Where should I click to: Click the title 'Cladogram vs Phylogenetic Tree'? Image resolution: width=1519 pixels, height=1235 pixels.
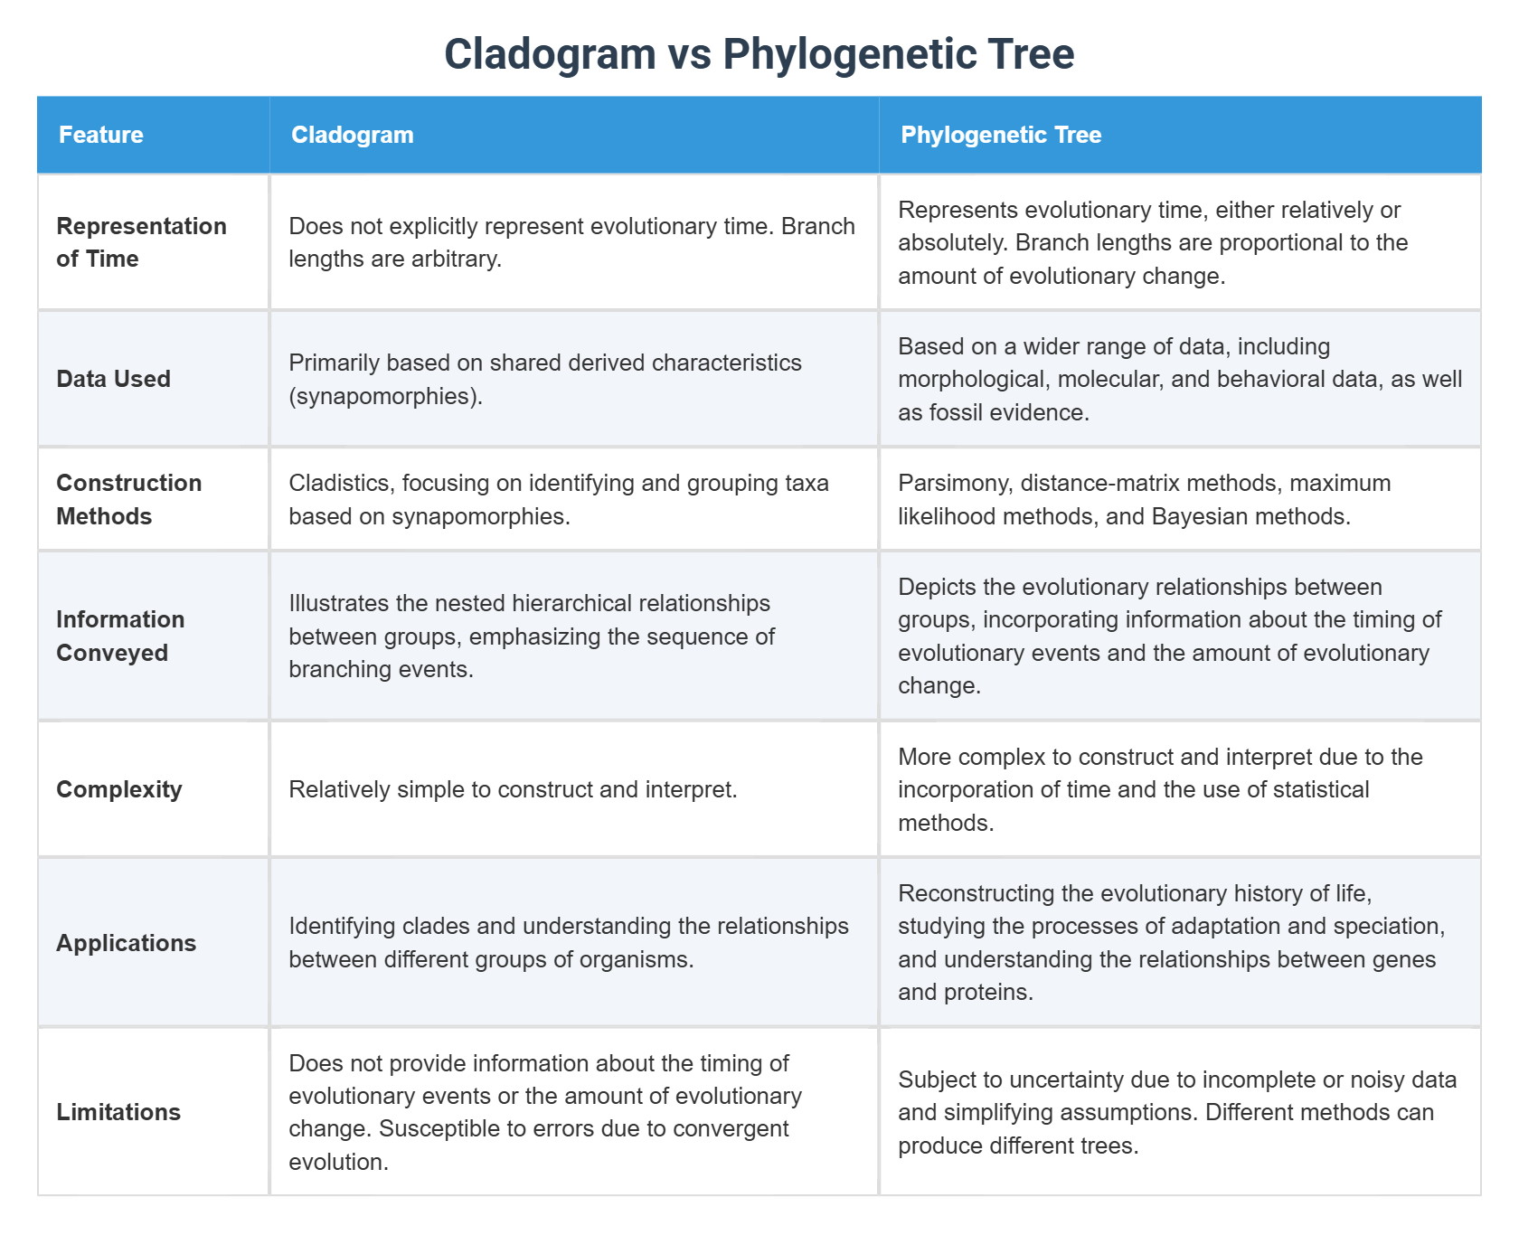tap(759, 53)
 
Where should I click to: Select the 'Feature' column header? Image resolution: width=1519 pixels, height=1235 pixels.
tap(101, 135)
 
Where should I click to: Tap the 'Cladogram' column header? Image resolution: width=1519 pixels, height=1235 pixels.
tap(352, 135)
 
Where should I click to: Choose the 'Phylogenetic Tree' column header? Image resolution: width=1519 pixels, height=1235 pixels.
tap(1001, 135)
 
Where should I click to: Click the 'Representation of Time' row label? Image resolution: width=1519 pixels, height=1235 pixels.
tap(141, 242)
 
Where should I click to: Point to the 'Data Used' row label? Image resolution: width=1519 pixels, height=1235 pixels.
tap(113, 379)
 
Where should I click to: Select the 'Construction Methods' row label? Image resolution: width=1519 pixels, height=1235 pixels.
tap(128, 499)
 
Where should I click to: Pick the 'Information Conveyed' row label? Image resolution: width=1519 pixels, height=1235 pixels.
tap(120, 636)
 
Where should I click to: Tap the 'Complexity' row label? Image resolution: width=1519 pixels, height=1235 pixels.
tap(119, 789)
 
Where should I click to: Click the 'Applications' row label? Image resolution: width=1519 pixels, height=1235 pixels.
tap(126, 943)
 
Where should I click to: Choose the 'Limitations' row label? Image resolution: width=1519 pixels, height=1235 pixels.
tap(118, 1112)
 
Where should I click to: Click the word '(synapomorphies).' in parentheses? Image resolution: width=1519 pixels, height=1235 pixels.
tap(385, 396)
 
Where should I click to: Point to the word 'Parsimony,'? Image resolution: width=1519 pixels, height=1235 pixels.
tap(955, 483)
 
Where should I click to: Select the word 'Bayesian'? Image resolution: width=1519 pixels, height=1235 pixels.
tap(1194, 516)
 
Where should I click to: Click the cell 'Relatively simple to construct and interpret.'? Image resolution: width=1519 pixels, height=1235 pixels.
tap(513, 789)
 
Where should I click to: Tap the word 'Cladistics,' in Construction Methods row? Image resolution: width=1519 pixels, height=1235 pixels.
tap(341, 483)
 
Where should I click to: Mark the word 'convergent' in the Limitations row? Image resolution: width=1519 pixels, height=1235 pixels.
tap(729, 1129)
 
